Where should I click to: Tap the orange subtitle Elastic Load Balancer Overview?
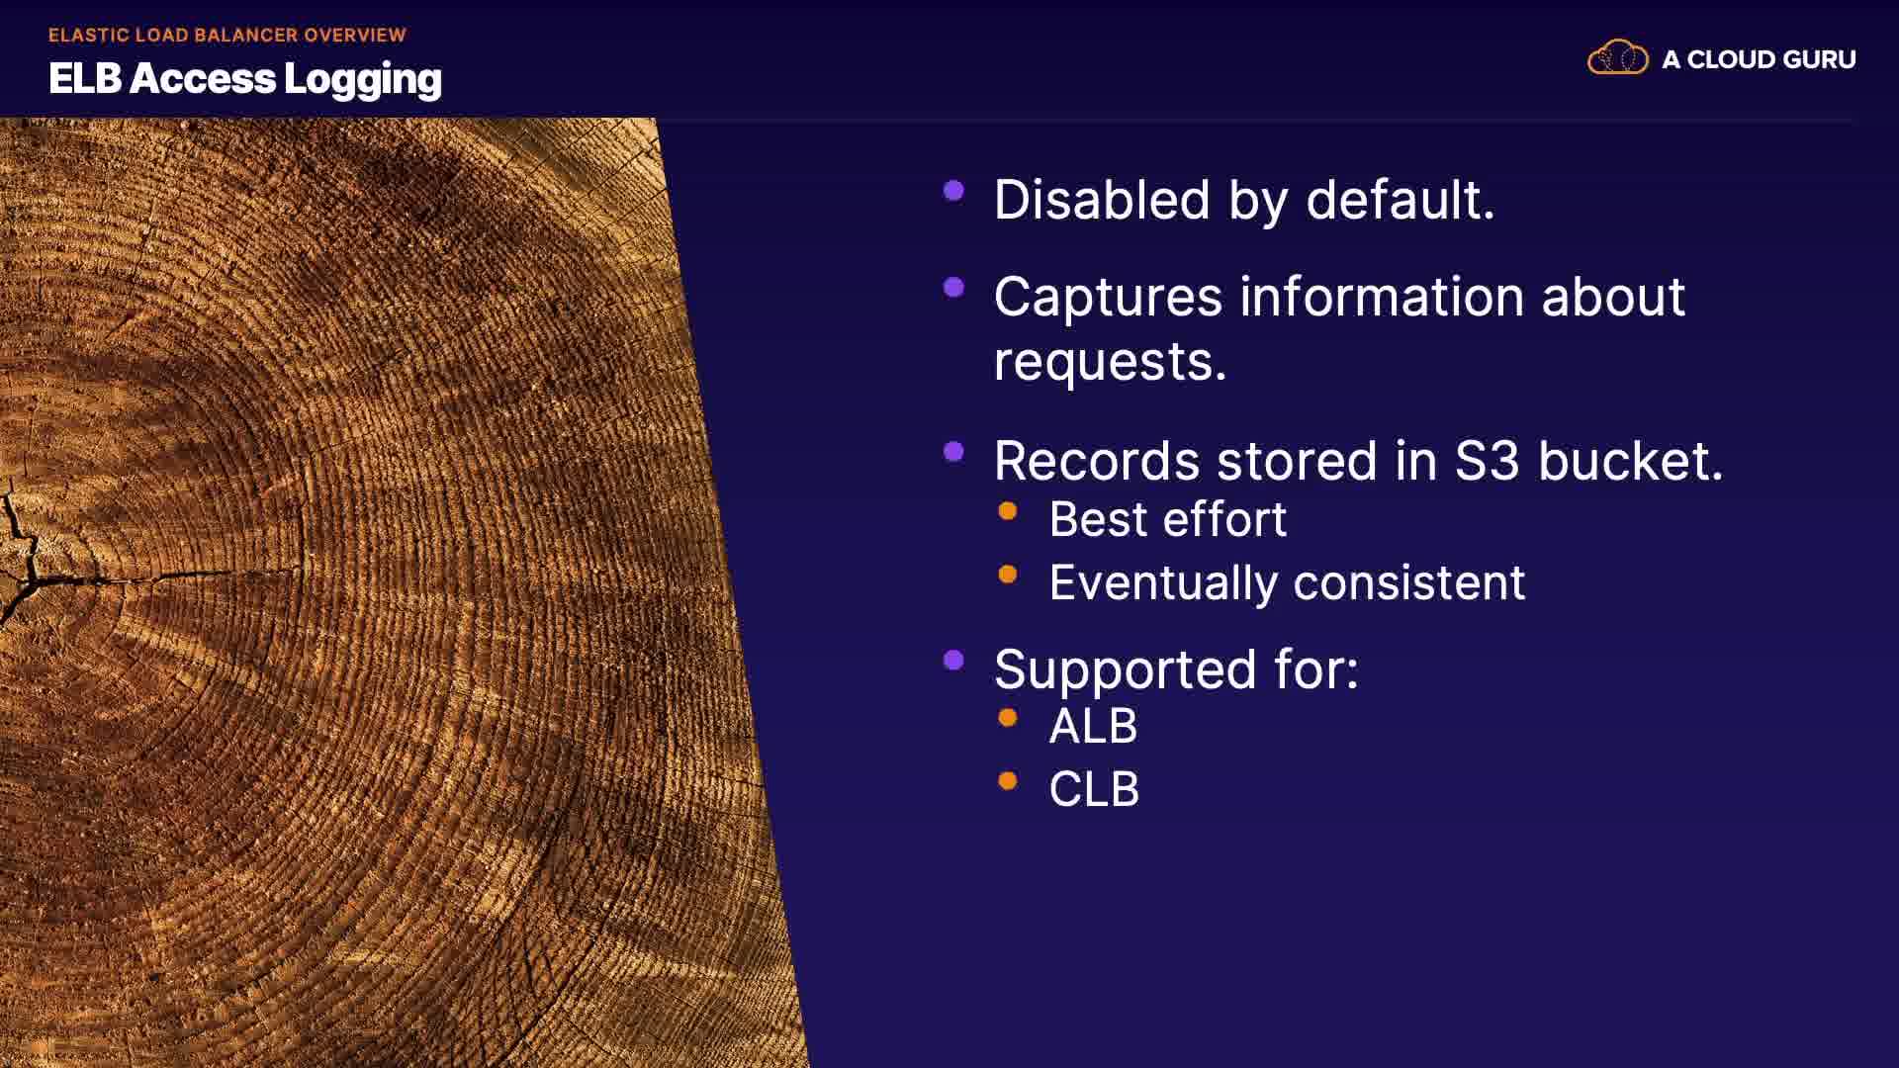(x=227, y=35)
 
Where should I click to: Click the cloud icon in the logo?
(x=1618, y=58)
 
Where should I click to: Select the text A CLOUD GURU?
(x=1759, y=59)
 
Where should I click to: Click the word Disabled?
(x=1102, y=200)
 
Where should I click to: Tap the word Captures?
(x=1109, y=298)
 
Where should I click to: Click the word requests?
(x=1110, y=362)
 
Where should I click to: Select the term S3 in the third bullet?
(x=1487, y=461)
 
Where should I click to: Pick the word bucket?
(x=1630, y=461)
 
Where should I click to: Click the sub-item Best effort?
(x=1168, y=519)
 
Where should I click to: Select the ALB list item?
(x=1093, y=727)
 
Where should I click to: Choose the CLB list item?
(x=1094, y=790)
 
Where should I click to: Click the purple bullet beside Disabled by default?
(x=953, y=191)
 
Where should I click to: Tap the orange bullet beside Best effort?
(x=1008, y=511)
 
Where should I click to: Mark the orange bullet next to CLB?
(x=1008, y=781)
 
